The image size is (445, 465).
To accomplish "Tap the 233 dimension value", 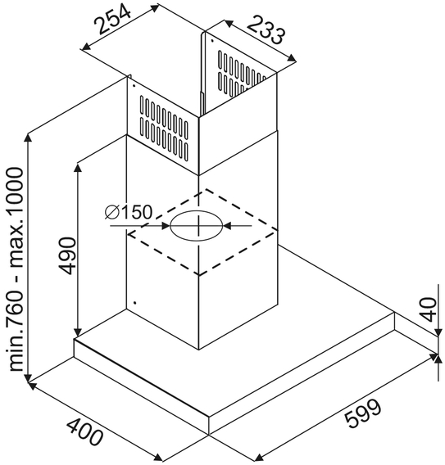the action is pyautogui.click(x=265, y=30).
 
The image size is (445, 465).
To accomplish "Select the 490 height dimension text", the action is pyautogui.click(x=67, y=255).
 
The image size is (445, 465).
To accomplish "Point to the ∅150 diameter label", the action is pyautogui.click(x=128, y=212).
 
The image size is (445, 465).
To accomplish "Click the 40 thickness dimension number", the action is pyautogui.click(x=429, y=309).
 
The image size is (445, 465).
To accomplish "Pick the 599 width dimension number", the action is pyautogui.click(x=363, y=413).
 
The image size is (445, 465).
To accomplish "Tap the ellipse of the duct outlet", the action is pyautogui.click(x=197, y=226).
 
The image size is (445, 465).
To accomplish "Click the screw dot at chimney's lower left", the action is pyautogui.click(x=135, y=303).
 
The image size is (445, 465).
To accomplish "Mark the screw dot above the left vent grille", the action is pyautogui.click(x=134, y=86).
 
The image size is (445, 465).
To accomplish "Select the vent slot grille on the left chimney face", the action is pyautogui.click(x=164, y=128).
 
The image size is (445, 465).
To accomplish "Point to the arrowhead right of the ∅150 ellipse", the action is pyautogui.click(x=227, y=226).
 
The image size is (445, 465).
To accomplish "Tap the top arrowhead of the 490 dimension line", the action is pyautogui.click(x=78, y=167).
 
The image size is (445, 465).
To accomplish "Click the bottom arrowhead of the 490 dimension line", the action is pyautogui.click(x=78, y=332).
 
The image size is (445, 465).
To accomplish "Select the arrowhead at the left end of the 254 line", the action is pyautogui.click(x=86, y=46).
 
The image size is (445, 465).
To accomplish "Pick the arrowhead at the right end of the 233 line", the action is pyautogui.click(x=292, y=58).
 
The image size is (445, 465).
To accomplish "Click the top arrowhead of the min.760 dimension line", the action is pyautogui.click(x=28, y=139).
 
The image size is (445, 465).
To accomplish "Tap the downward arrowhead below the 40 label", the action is pyautogui.click(x=438, y=332).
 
